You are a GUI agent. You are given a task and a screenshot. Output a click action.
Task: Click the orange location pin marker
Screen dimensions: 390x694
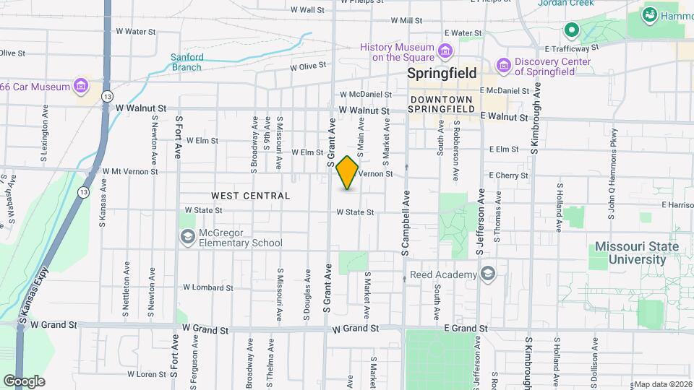347,173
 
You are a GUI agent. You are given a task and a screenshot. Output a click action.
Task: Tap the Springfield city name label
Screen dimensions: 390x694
442,73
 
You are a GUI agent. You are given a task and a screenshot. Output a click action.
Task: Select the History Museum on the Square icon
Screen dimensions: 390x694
445,51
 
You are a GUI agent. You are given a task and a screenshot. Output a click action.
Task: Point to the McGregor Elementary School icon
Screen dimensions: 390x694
188,237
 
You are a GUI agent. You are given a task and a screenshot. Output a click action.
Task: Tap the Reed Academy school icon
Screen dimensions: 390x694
488,274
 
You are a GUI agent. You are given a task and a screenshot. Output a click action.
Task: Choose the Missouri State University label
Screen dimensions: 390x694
637,253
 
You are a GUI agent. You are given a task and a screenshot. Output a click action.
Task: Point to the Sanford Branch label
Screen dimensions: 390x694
187,62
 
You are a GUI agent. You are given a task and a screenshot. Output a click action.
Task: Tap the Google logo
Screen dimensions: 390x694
25,381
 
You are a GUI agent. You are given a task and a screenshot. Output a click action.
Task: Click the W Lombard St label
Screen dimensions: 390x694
208,287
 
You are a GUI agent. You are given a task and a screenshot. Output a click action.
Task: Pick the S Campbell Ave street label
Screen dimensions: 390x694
406,221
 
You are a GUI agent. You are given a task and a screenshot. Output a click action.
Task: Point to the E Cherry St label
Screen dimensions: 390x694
510,175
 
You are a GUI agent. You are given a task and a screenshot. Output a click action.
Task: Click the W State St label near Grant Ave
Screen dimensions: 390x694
354,212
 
